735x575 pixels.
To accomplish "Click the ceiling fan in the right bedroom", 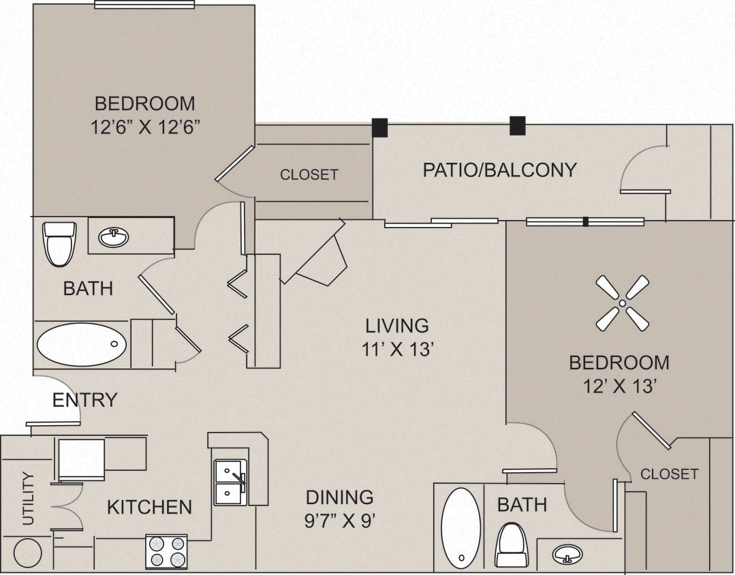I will click(x=623, y=303).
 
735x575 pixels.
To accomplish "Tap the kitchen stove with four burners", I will click(x=166, y=551).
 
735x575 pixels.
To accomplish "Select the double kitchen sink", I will click(x=230, y=482).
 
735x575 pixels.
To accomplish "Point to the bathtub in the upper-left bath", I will click(x=82, y=345).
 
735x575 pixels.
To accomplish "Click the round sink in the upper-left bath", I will click(x=114, y=237).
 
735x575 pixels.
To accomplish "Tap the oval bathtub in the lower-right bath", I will click(x=460, y=527).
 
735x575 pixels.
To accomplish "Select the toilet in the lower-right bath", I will click(x=511, y=545).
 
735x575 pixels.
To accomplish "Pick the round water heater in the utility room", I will click(x=28, y=553).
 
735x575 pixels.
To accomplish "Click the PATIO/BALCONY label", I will click(x=499, y=170).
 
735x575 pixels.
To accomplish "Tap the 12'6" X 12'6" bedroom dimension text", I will click(x=144, y=127).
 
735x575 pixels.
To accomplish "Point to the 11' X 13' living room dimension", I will click(x=397, y=349).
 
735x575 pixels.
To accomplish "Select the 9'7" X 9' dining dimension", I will click(x=339, y=521).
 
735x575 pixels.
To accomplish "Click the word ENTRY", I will click(x=84, y=400).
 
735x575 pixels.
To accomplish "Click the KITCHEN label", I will click(x=149, y=507).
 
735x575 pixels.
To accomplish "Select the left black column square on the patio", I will click(x=379, y=127).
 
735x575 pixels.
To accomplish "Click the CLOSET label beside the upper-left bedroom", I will click(x=309, y=174).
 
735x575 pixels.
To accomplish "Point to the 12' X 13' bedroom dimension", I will click(x=619, y=387).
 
